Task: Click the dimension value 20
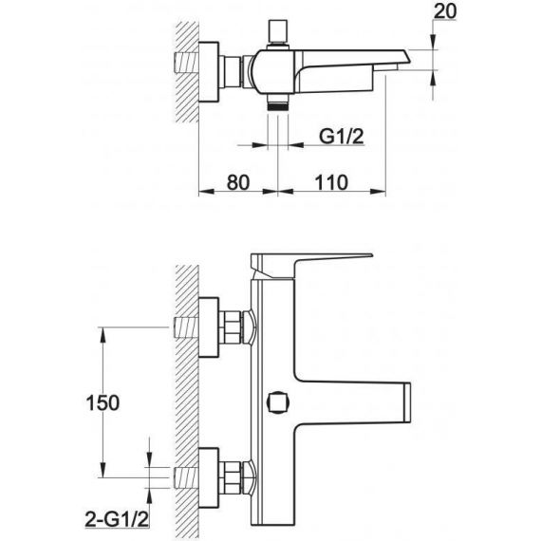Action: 445,11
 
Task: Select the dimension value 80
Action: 238,182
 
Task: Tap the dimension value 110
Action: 331,182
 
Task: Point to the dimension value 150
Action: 103,402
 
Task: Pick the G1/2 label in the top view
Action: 342,136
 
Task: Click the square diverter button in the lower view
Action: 278,402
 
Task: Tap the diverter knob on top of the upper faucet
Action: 278,33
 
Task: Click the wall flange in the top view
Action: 209,72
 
